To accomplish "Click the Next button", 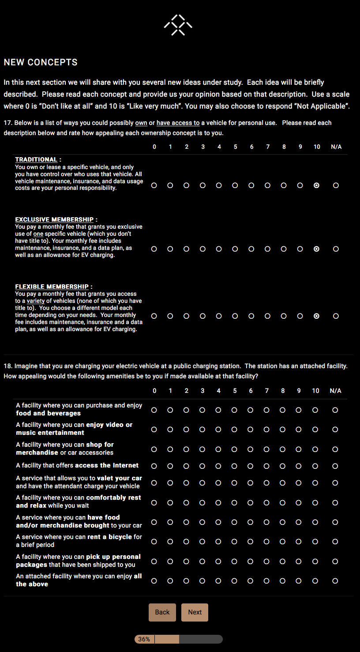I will [x=195, y=612].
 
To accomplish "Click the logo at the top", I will [x=178, y=25].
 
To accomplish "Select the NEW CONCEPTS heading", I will [x=41, y=63].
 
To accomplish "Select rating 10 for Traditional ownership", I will [x=316, y=185].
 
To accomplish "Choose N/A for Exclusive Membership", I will [x=336, y=249].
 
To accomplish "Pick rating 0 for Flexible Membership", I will [x=154, y=316].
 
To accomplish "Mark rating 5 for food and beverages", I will [x=234, y=410].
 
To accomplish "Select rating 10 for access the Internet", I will [x=315, y=466].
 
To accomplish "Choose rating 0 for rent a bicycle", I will [x=154, y=542].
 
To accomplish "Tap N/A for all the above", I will [x=335, y=581].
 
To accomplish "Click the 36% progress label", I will [x=144, y=639].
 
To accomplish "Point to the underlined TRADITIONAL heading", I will [x=36, y=160].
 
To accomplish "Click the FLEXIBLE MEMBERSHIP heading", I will [x=52, y=287].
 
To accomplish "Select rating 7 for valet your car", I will [x=266, y=483].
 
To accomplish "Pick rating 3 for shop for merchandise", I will [x=202, y=449].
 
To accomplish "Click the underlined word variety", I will [x=37, y=301].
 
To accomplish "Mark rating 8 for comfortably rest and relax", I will [x=282, y=503].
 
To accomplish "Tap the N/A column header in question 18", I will [x=335, y=391].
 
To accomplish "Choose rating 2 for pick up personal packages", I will [x=186, y=562].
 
